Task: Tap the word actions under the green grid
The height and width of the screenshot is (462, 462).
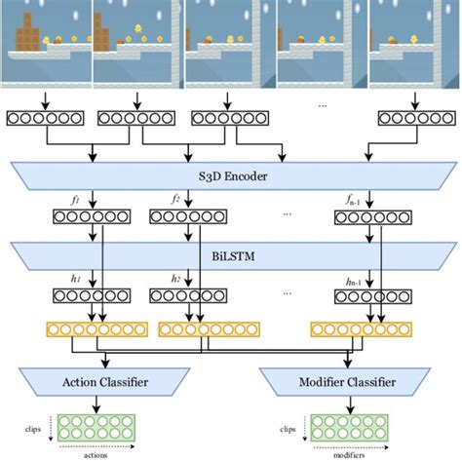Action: (x=95, y=454)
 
